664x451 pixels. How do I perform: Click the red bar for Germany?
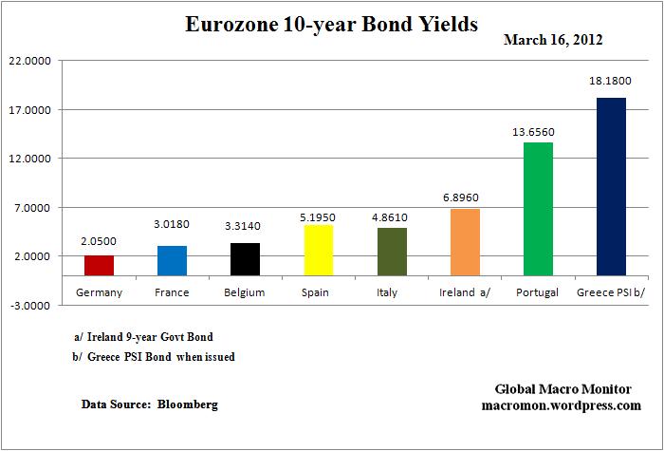coord(99,265)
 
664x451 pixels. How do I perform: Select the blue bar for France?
coord(172,260)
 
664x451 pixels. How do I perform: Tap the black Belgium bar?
coord(245,259)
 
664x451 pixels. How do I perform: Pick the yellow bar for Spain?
coord(318,250)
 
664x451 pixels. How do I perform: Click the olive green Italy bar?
coord(391,252)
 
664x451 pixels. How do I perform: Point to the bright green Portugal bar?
coord(538,209)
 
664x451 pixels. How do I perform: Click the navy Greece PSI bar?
coord(611,186)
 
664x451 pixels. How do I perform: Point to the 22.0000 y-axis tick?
coord(30,61)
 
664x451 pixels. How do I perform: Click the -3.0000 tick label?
coord(30,306)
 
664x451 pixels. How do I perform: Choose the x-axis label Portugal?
coord(538,292)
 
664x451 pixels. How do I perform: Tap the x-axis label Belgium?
coord(245,292)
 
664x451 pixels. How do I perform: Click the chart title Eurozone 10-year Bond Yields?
coord(332,25)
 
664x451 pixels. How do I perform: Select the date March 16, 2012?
coord(553,41)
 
